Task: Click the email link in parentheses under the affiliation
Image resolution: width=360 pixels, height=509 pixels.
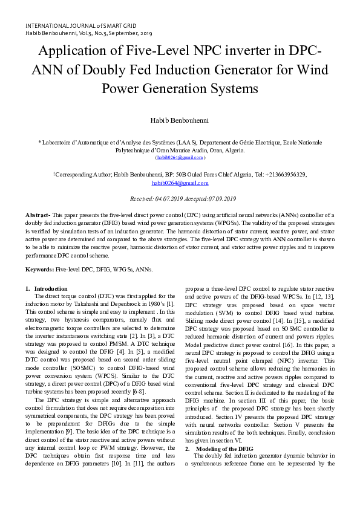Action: tap(180, 158)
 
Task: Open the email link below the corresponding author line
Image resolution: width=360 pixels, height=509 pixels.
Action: tap(180, 183)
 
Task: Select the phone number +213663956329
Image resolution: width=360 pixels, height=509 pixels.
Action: tap(284, 174)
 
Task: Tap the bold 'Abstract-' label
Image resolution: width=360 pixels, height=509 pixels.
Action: tap(38, 215)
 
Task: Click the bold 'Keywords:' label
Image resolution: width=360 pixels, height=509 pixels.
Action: tap(39, 268)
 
